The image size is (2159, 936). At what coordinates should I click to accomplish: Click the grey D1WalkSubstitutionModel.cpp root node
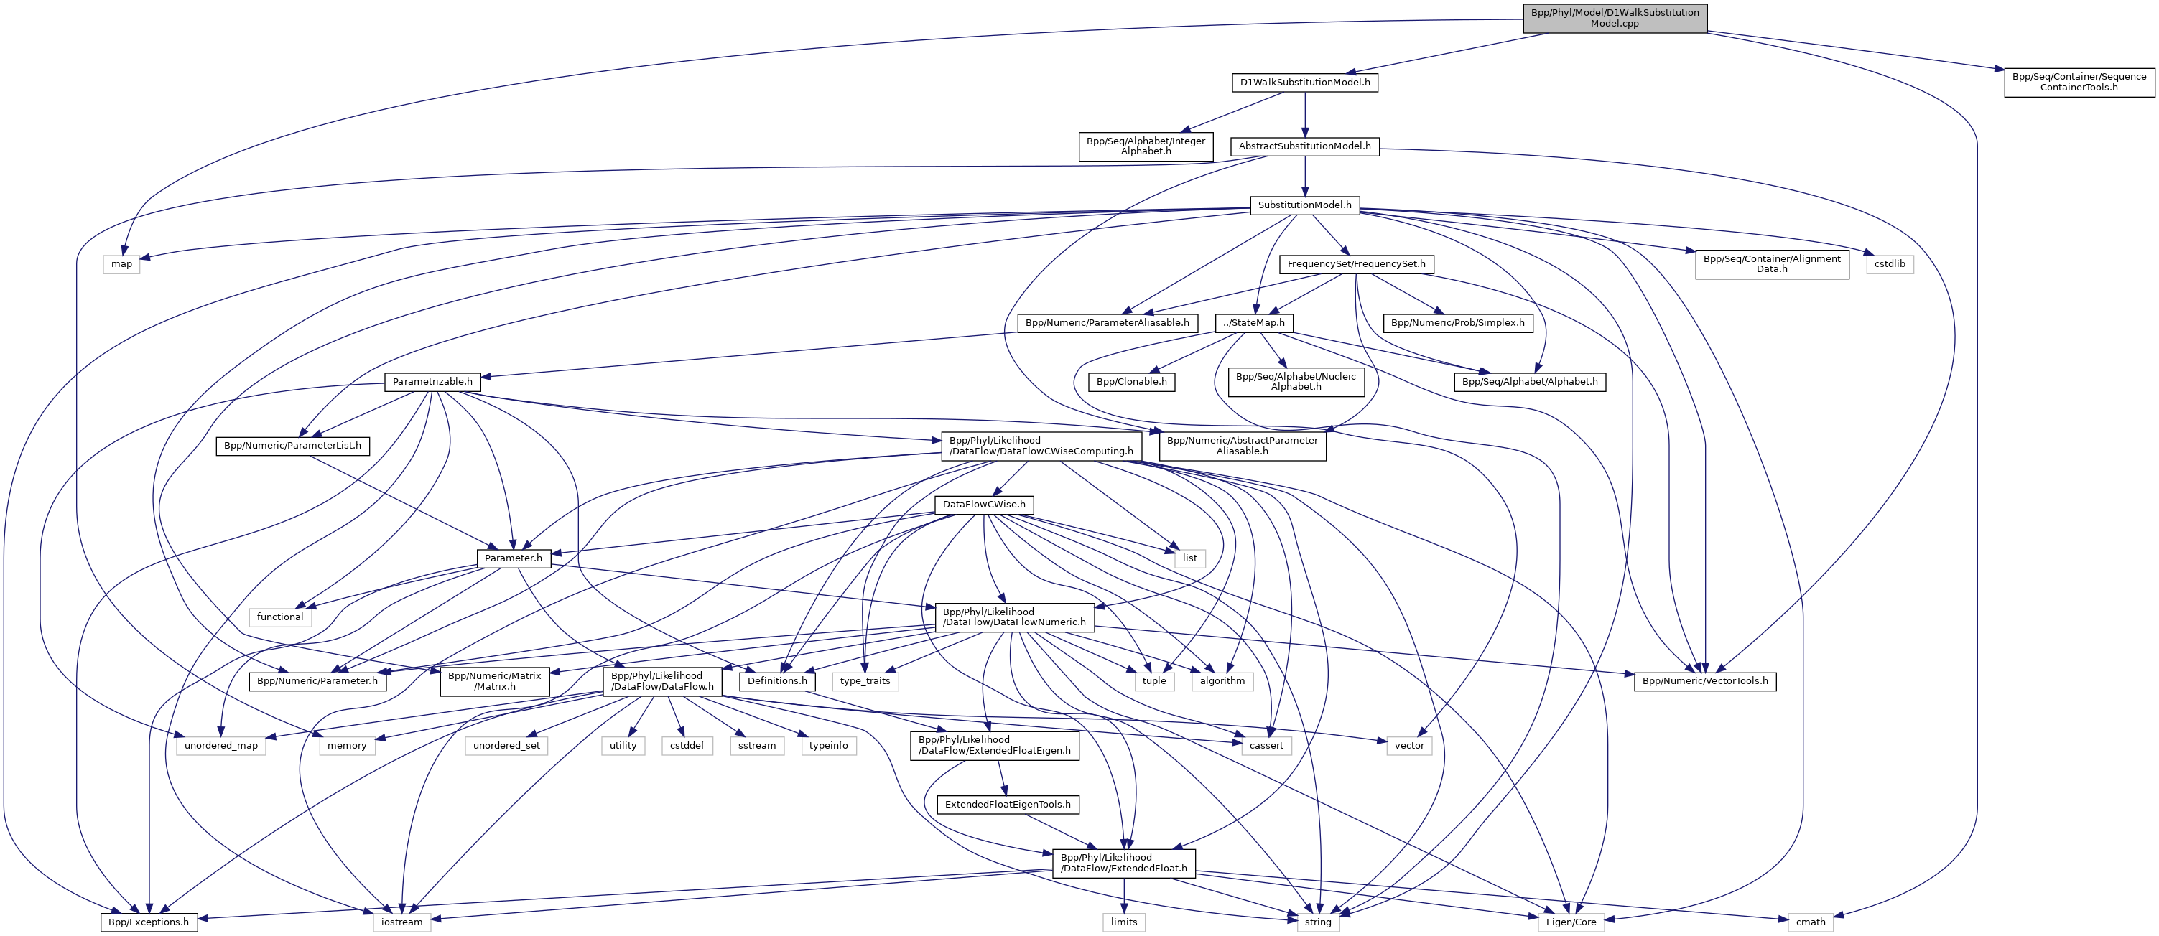point(1614,19)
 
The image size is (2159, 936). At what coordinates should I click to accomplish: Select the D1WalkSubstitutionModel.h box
point(1305,82)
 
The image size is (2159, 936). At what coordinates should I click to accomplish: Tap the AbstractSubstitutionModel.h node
point(1304,146)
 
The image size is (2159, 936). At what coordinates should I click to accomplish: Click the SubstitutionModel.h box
point(1304,205)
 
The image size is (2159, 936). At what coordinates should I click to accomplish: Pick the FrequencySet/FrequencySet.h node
point(1356,264)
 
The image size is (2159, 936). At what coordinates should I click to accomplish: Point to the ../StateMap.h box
point(1254,322)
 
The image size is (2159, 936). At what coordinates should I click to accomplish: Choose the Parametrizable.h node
point(432,381)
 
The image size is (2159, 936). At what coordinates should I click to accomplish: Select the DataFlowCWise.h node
point(984,505)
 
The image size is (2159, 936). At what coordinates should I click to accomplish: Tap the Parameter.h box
point(513,558)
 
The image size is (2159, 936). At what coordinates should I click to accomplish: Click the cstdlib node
point(1890,264)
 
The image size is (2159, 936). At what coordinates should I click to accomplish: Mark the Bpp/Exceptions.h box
point(149,922)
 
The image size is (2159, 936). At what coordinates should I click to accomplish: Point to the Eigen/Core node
point(1571,922)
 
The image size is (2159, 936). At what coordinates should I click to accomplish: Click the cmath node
point(1811,922)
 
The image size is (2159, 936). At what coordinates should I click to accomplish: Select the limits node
point(1124,922)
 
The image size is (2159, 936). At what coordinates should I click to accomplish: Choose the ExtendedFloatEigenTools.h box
point(1008,805)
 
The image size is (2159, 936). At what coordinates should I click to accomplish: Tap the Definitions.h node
point(777,680)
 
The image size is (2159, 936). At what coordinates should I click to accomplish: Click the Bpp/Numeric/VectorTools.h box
point(1705,680)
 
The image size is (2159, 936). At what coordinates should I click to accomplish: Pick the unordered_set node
point(506,745)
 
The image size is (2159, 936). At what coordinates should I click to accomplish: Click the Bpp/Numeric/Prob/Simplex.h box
point(1457,322)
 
